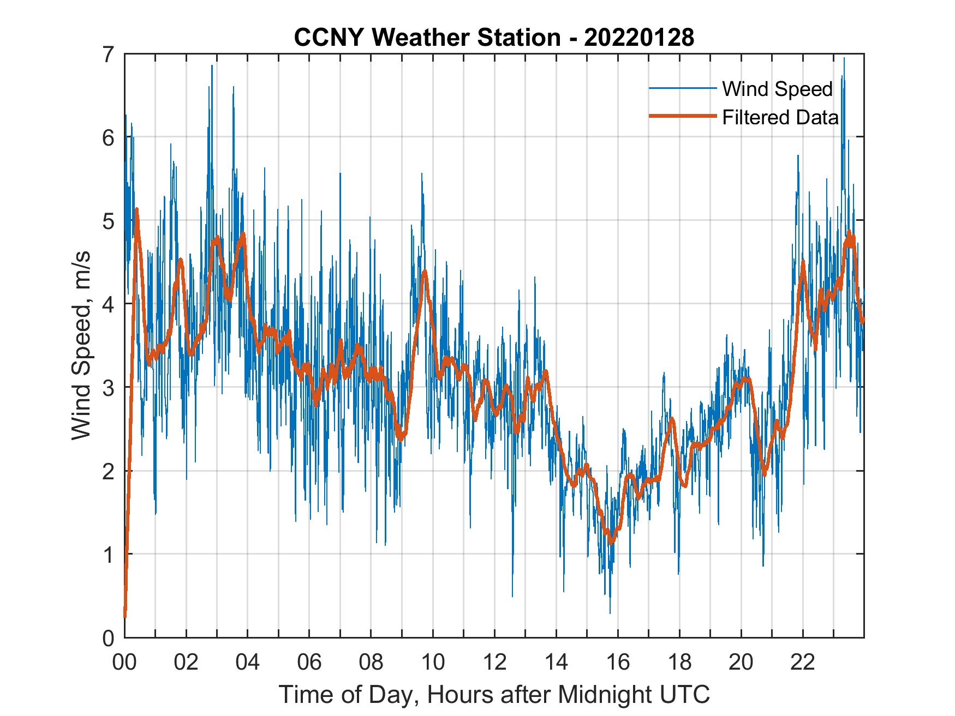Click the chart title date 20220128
click(x=639, y=38)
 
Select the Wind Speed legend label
click(x=777, y=89)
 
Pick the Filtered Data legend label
click(x=780, y=117)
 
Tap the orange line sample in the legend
click(x=682, y=117)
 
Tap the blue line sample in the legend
click(x=682, y=88)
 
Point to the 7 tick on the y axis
click(x=109, y=54)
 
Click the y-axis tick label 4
click(x=109, y=304)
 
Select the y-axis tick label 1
click(x=109, y=554)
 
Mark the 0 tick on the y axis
click(x=109, y=637)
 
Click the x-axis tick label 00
click(x=124, y=663)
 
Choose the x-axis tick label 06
click(x=309, y=663)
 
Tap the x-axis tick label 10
click(x=433, y=663)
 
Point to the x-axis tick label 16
click(x=618, y=663)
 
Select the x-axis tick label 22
click(x=803, y=663)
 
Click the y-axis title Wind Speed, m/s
click(x=81, y=346)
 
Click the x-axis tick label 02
click(x=186, y=663)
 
